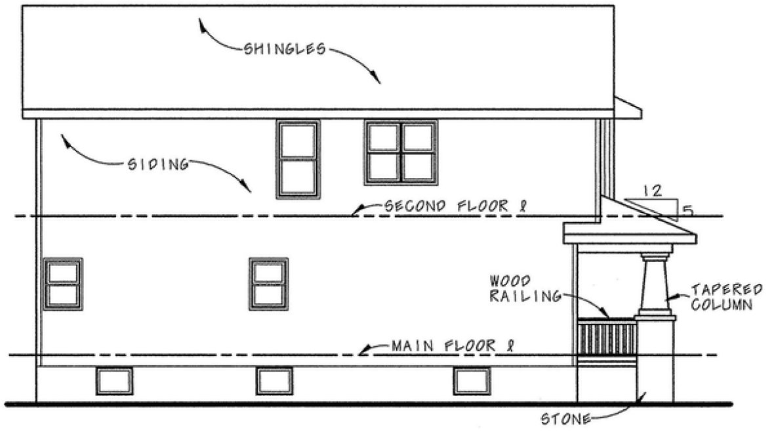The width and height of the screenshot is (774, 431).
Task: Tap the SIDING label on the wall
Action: [x=155, y=164]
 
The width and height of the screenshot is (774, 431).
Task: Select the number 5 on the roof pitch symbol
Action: [x=687, y=211]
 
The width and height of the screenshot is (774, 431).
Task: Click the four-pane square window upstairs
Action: [x=401, y=152]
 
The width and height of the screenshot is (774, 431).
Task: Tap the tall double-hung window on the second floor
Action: [x=298, y=158]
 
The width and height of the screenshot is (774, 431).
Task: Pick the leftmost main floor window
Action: [x=63, y=283]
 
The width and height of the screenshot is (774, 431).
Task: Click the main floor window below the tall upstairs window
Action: [x=268, y=284]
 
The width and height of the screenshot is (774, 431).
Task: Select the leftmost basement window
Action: [x=114, y=381]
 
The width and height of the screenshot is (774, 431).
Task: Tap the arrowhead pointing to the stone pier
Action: [x=644, y=395]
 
